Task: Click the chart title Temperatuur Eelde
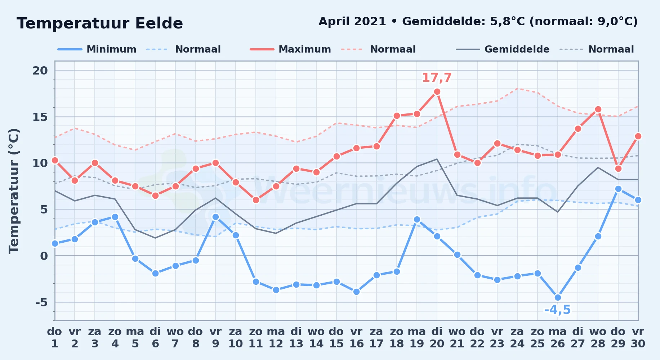coord(100,23)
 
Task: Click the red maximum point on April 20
coord(437,92)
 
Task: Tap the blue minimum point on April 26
coord(558,297)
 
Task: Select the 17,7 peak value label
coord(437,77)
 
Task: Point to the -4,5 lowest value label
coord(558,310)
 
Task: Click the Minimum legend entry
coord(97,49)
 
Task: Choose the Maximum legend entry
coord(290,49)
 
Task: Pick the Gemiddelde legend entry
coord(503,49)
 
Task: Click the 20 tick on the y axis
coord(40,71)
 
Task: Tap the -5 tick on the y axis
coord(41,302)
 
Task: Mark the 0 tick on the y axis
coord(44,256)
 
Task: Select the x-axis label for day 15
coord(336,338)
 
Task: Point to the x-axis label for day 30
coord(638,338)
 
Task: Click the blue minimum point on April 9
coord(215,217)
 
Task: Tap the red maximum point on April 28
coord(598,109)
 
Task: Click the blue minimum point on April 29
coord(618,189)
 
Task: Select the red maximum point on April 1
coord(55,160)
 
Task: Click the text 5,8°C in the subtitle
coord(508,21)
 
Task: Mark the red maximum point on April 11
coord(256,200)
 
